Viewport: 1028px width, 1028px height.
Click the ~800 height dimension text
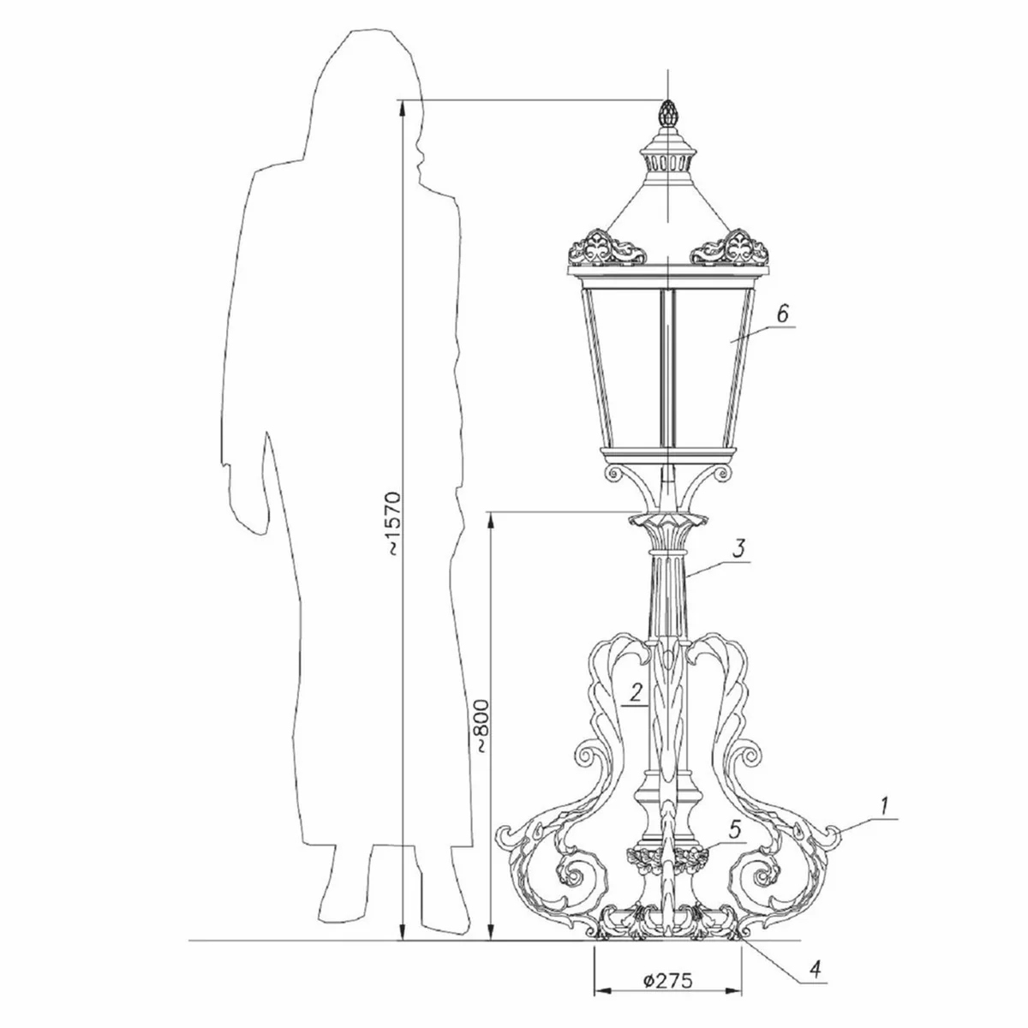pos(482,726)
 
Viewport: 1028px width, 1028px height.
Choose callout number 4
pos(816,969)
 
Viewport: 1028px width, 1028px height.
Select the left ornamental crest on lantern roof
pos(609,248)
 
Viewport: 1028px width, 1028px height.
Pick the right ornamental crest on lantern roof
pos(728,248)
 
